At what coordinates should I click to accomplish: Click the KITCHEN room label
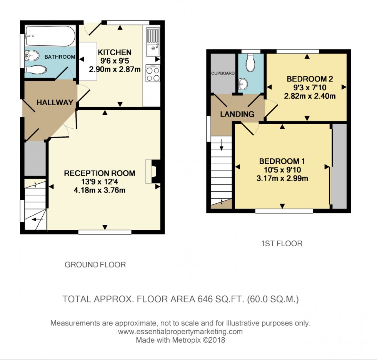pyautogui.click(x=115, y=52)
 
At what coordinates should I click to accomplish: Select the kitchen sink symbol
pyautogui.click(x=153, y=42)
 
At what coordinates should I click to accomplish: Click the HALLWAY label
pyautogui.click(x=55, y=103)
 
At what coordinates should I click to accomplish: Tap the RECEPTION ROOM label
pyautogui.click(x=99, y=173)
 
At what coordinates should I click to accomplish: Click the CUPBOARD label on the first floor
pyautogui.click(x=223, y=73)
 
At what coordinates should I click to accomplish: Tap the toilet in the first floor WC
pyautogui.click(x=250, y=63)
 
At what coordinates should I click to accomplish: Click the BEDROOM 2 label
pyautogui.click(x=310, y=79)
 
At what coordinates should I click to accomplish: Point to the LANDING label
pyautogui.click(x=237, y=114)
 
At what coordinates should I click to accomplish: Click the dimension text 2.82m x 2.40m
pyautogui.click(x=310, y=96)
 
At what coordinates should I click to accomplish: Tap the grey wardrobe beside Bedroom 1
pyautogui.click(x=339, y=166)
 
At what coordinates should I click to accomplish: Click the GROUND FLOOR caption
pyautogui.click(x=95, y=265)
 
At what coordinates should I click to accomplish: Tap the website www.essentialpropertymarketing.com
pyautogui.click(x=180, y=332)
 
